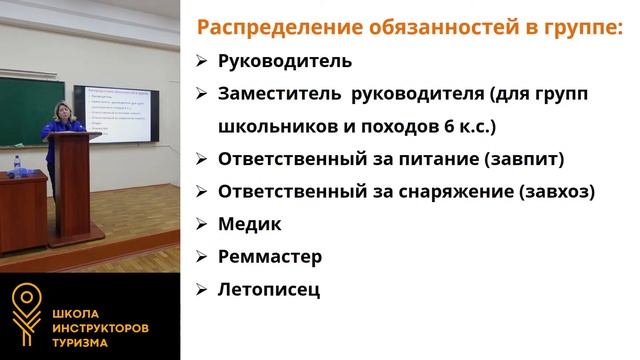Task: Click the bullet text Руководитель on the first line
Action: pyautogui.click(x=285, y=61)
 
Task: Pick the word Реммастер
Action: pyautogui.click(x=270, y=257)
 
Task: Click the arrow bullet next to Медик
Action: pyautogui.click(x=200, y=224)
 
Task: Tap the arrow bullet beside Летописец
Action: pyautogui.click(x=200, y=290)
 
